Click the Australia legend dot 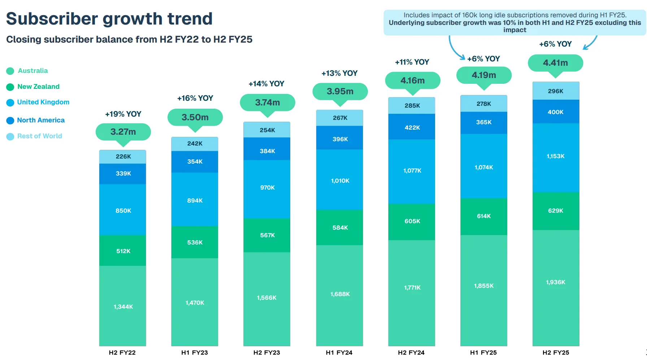pyautogui.click(x=10, y=71)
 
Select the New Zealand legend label pyautogui.click(x=38, y=87)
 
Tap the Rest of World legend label pyautogui.click(x=40, y=136)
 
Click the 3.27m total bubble pyautogui.click(x=123, y=132)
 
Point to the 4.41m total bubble pyautogui.click(x=555, y=63)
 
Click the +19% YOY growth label pyautogui.click(x=123, y=114)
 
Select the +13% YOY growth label pyautogui.click(x=339, y=73)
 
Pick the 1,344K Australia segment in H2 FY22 pyautogui.click(x=123, y=306)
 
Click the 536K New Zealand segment pyautogui.click(x=195, y=242)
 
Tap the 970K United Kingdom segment pyautogui.click(x=267, y=188)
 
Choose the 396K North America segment pyautogui.click(x=340, y=139)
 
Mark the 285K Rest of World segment pyautogui.click(x=412, y=105)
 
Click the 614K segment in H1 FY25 pyautogui.click(x=484, y=216)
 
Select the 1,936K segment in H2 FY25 pyautogui.click(x=556, y=282)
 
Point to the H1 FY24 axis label pyautogui.click(x=339, y=352)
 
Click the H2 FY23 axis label pyautogui.click(x=266, y=352)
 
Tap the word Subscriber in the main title pyautogui.click(x=52, y=19)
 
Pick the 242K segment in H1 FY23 pyautogui.click(x=195, y=144)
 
